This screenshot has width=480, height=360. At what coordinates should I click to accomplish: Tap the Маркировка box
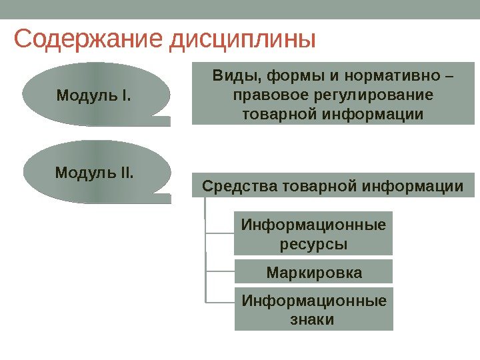314,273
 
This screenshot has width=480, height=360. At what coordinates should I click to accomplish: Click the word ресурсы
314,244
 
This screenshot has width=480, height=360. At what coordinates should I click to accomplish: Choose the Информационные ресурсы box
314,233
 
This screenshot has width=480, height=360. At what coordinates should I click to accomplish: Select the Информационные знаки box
314,309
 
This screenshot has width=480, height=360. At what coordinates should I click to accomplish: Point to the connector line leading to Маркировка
221,271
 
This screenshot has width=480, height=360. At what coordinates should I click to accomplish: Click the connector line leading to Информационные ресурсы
221,233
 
